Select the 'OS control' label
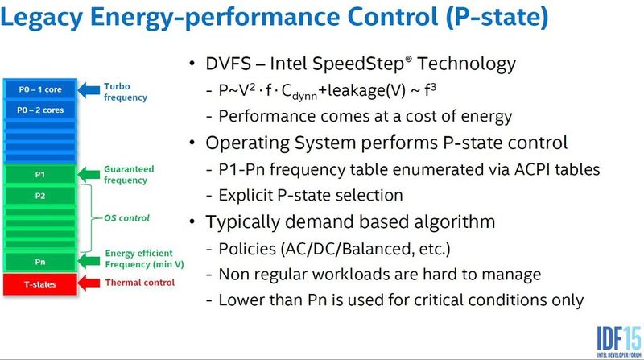(x=127, y=217)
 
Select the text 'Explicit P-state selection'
(x=311, y=195)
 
